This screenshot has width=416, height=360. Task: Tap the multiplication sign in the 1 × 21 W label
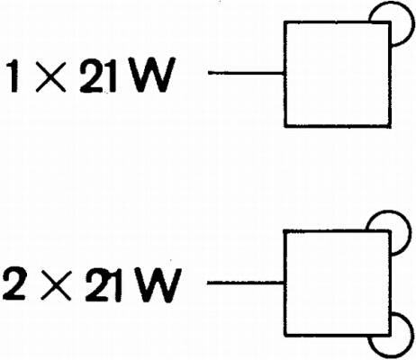point(50,76)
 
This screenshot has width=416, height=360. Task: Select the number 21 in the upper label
point(98,76)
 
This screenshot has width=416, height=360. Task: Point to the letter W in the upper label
point(151,75)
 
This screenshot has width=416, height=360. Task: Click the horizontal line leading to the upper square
point(246,73)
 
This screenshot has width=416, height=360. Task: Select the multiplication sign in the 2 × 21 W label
point(56,285)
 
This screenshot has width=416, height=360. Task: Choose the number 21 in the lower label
point(104,285)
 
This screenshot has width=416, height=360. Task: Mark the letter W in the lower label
point(158,284)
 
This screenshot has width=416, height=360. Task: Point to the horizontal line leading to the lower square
point(246,283)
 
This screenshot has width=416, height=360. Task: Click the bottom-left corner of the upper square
point(285,126)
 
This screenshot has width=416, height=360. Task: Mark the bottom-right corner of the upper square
point(390,126)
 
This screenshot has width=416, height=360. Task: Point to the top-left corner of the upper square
point(285,22)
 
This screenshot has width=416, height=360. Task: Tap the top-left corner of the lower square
point(285,231)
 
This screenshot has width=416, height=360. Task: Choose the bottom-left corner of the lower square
point(285,335)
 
